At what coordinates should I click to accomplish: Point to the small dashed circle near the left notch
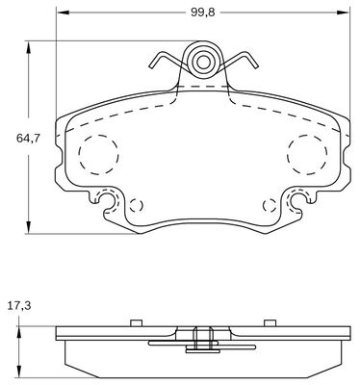click(136, 205)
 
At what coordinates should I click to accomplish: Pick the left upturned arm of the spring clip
click(158, 64)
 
